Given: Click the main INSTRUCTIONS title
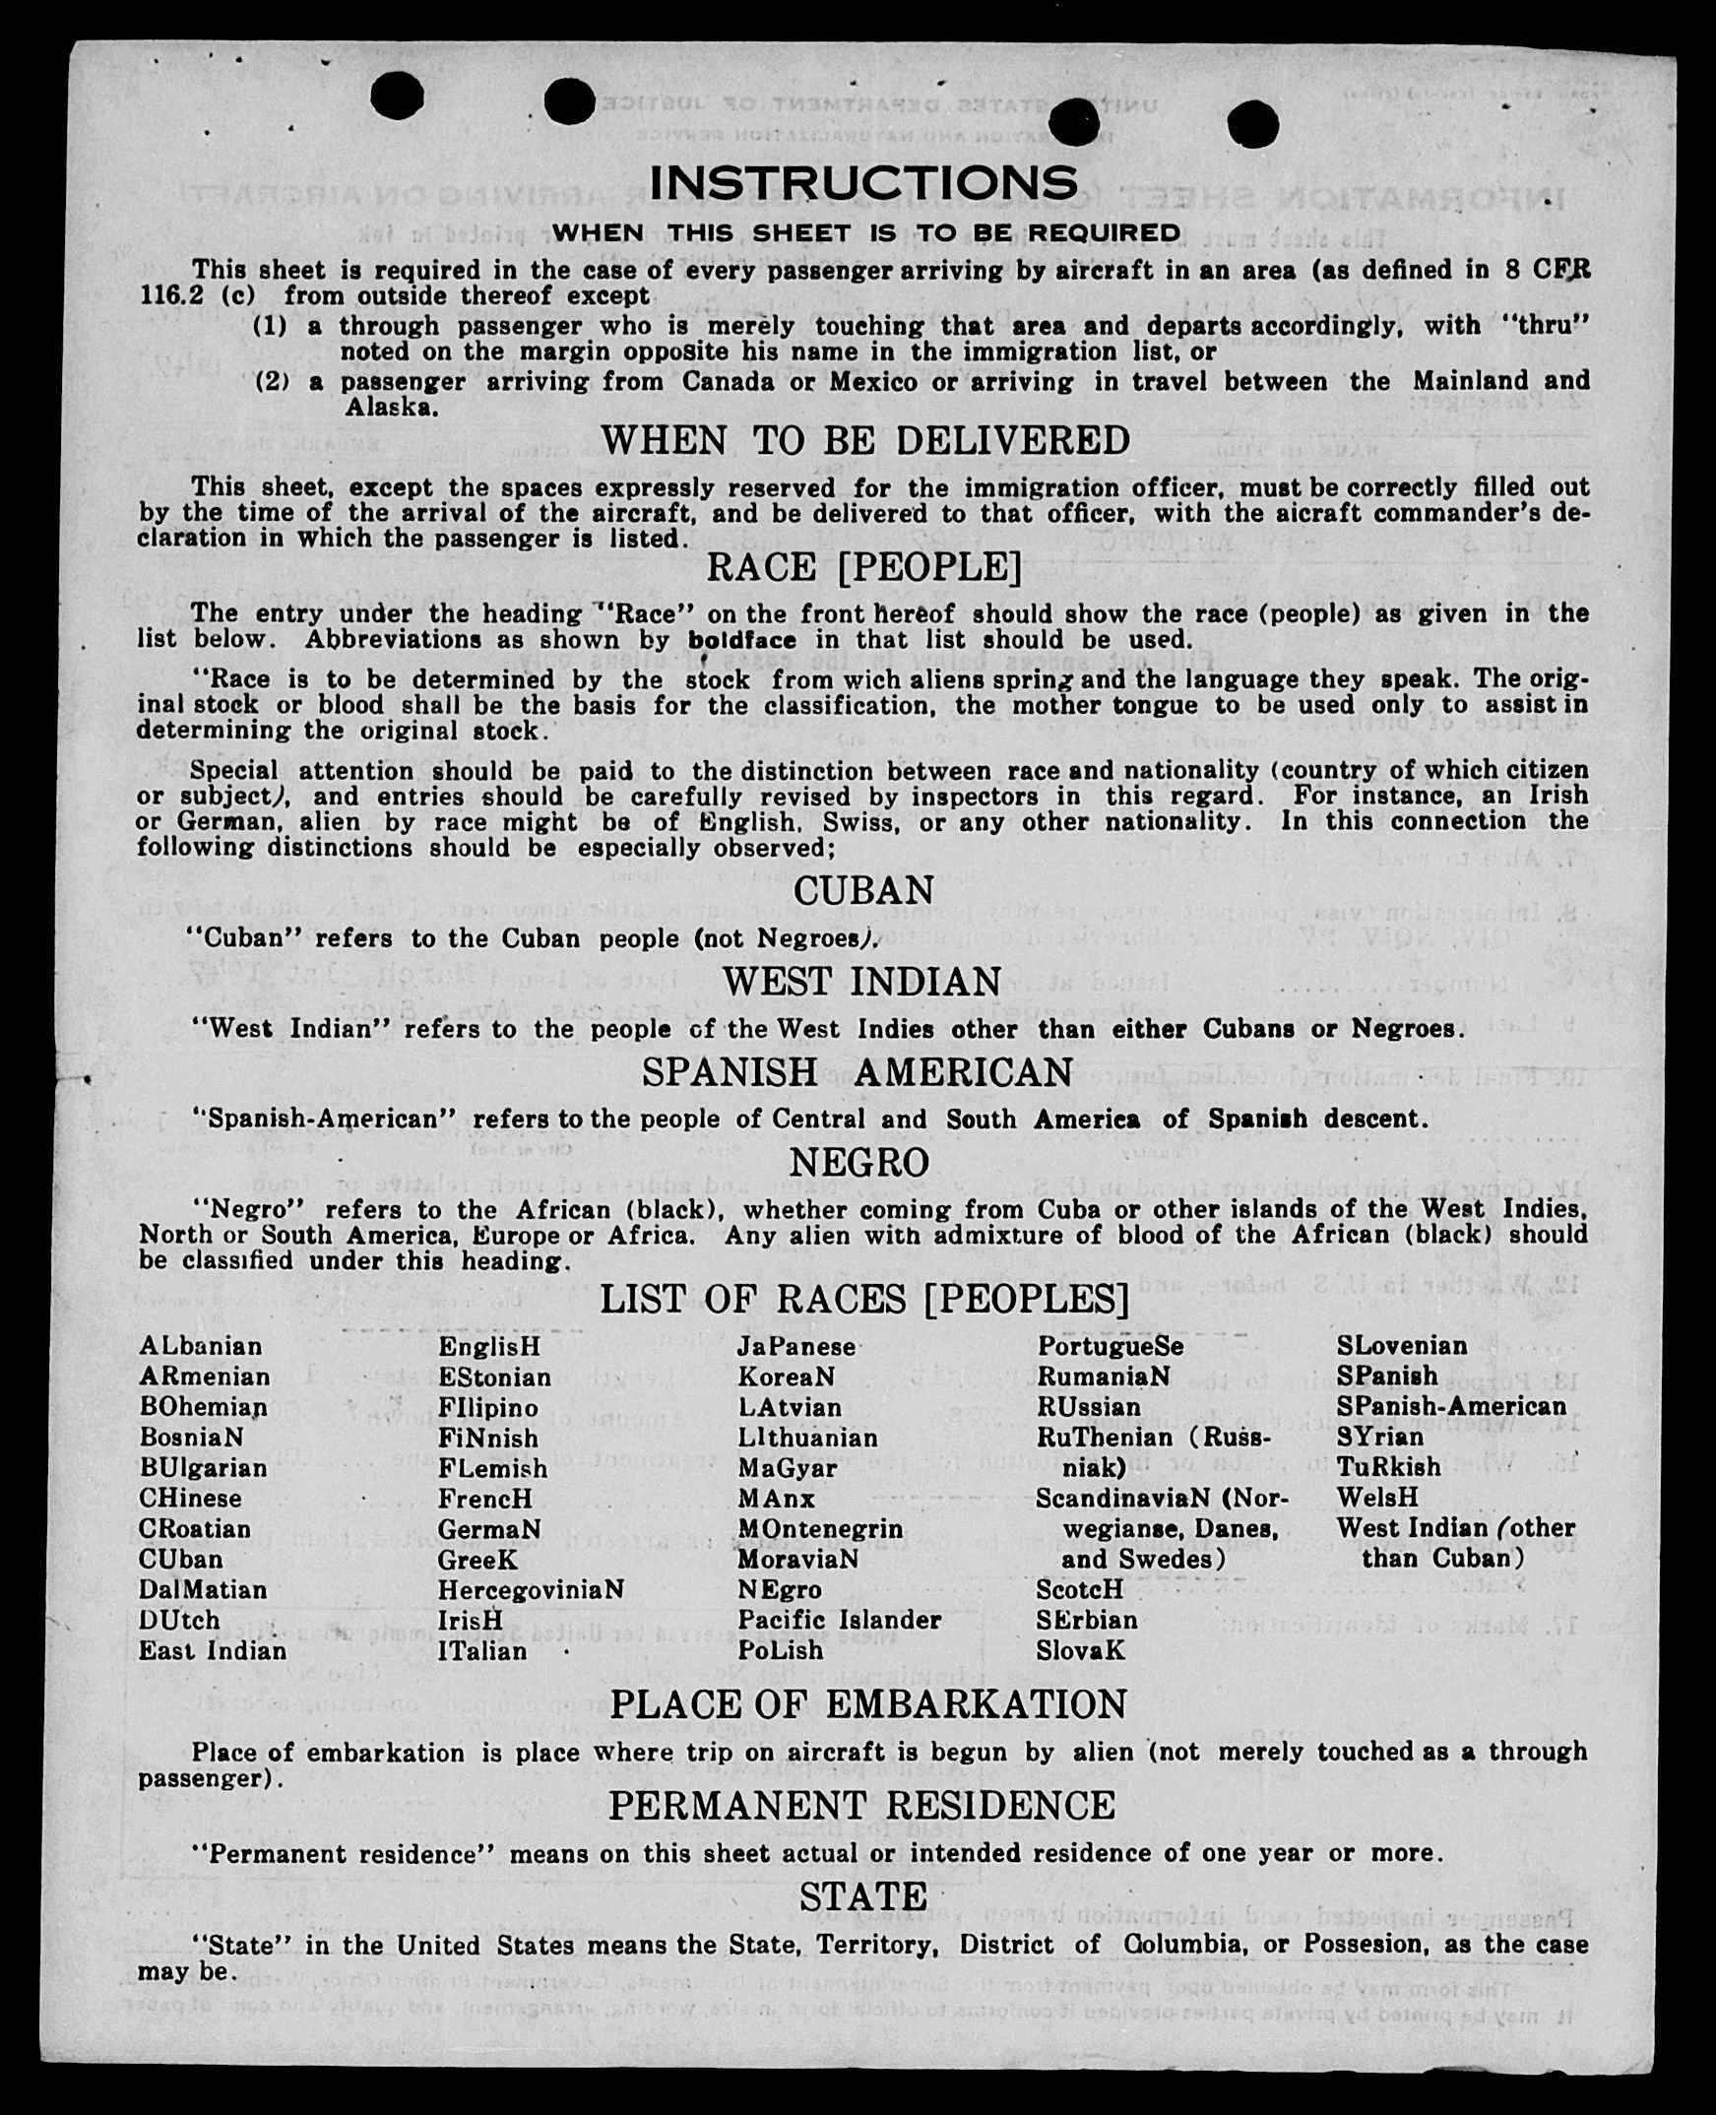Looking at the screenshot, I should click(x=863, y=183).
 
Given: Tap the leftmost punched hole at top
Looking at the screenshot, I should click(x=398, y=96).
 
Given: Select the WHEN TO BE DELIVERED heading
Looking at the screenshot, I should click(x=865, y=440).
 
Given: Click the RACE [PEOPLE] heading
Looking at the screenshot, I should click(x=864, y=567).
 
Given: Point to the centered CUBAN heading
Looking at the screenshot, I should click(x=864, y=891).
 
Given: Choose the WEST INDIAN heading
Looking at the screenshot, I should click(x=862, y=982).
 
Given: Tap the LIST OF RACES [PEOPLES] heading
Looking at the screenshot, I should click(x=864, y=1300).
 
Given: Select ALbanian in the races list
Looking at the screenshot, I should click(x=201, y=1347).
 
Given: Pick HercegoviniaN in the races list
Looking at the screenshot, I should click(x=532, y=1590).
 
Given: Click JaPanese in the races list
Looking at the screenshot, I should click(x=796, y=1347).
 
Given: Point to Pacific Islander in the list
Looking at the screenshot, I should click(x=839, y=1620).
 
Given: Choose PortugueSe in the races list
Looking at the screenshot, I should click(x=1111, y=1347).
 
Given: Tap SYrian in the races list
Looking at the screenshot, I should click(x=1380, y=1437).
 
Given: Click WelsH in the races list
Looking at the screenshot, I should click(x=1377, y=1497).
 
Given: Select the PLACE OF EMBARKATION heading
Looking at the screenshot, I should click(x=868, y=1704).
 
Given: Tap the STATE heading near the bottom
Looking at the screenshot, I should click(x=863, y=1896).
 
